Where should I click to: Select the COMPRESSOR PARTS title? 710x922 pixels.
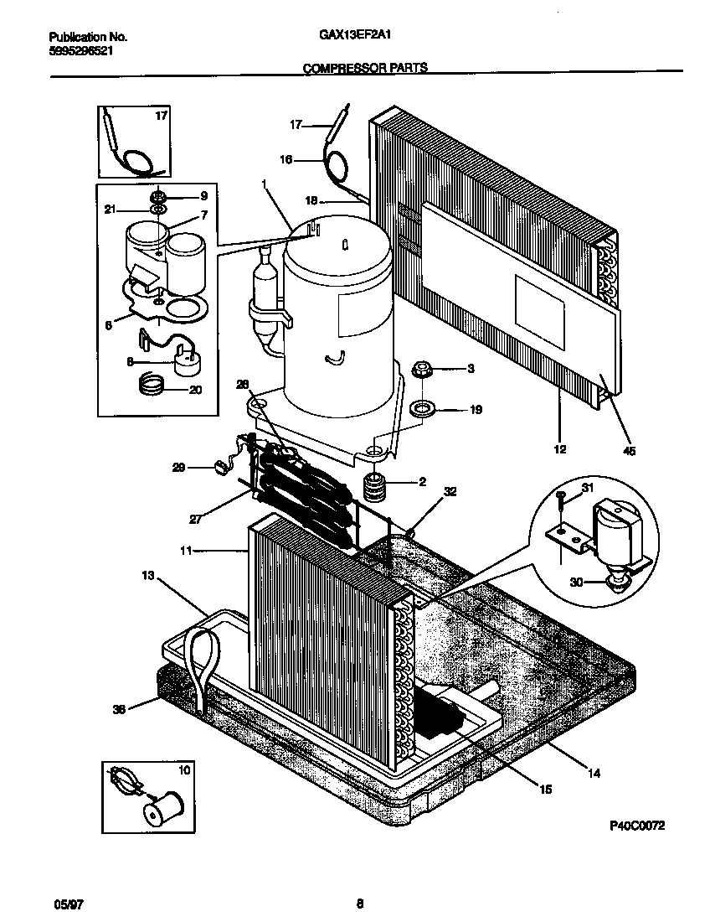pos(364,69)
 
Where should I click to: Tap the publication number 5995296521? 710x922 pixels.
pos(77,50)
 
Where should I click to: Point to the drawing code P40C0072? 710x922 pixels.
pos(636,826)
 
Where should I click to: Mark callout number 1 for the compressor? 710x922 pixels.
pos(264,183)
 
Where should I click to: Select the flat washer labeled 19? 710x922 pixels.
pos(420,410)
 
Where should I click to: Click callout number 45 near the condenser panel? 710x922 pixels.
pos(630,451)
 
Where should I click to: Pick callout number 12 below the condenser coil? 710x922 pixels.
pos(560,449)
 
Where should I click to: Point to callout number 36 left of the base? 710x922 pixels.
pos(119,708)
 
